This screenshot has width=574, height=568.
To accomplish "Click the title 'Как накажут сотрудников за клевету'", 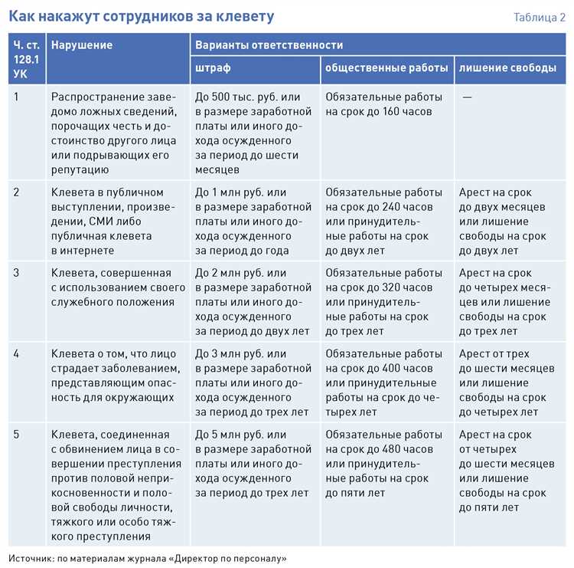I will (141, 16).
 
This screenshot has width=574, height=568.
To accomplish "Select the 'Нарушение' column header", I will (82, 45).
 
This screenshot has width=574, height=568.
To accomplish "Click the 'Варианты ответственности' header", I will (269, 45).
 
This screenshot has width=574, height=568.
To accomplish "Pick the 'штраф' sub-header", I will (213, 68).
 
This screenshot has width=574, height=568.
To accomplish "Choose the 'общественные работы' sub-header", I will (386, 68).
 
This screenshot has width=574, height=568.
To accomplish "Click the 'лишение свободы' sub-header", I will (507, 68).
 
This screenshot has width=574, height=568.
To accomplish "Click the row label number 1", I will (16, 97).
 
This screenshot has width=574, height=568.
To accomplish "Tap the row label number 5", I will (16, 435).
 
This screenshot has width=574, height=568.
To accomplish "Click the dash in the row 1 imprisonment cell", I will (467, 97).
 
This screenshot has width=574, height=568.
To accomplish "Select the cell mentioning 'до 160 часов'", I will (383, 104).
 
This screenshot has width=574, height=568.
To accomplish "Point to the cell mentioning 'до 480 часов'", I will (383, 464).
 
